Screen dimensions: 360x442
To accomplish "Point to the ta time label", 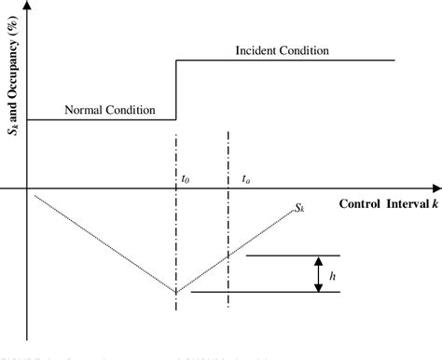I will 244,175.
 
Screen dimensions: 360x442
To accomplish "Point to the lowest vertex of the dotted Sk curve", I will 175,292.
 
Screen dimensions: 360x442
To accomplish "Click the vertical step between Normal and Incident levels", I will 176,90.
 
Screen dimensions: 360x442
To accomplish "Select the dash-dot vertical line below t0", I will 176,233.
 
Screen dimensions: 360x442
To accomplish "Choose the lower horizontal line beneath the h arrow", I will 266,292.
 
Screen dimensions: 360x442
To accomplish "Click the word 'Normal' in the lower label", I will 82,110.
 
